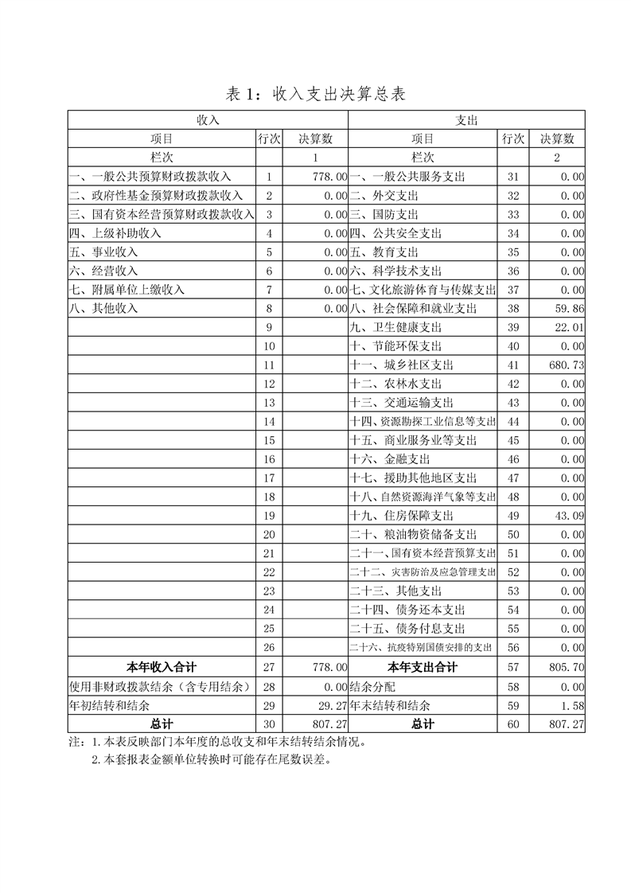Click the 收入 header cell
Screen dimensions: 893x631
[208, 119]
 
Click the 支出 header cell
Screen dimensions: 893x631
[466, 119]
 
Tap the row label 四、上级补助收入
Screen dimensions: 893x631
[115, 233]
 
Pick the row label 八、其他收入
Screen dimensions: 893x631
[104, 308]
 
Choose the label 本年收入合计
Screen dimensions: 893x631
[162, 667]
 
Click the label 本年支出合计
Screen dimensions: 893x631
[422, 667]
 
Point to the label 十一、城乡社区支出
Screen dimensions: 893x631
[401, 365]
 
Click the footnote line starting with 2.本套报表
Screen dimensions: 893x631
[210, 758]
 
